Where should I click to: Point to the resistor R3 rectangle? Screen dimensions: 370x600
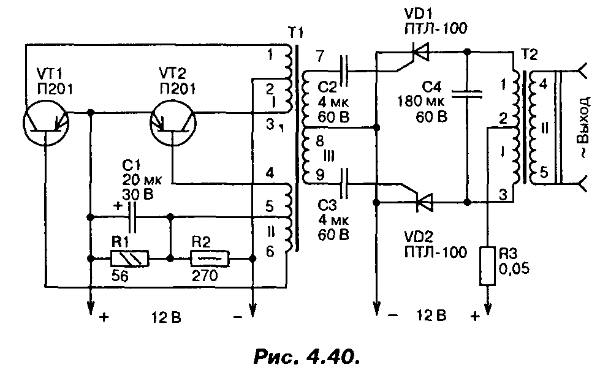[488, 265]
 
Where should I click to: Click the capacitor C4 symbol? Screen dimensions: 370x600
[467, 93]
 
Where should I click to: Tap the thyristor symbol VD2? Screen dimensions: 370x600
[423, 200]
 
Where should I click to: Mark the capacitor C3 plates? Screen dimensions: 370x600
[344, 182]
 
